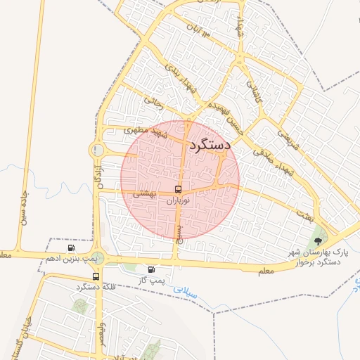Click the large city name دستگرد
coord(210,144)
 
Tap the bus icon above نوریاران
coord(178,189)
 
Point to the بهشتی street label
coord(143,193)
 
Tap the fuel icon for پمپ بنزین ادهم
coord(71,248)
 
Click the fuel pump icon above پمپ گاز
coord(151,269)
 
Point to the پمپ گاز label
coord(151,280)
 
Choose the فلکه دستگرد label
coord(96,287)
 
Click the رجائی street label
coord(154,103)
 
